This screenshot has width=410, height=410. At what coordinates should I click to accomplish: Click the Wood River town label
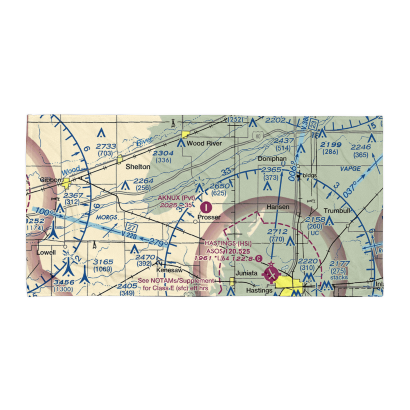click(x=204, y=143)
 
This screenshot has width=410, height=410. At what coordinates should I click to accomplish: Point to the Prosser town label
click(x=209, y=217)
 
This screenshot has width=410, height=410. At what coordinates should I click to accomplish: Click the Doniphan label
click(x=272, y=159)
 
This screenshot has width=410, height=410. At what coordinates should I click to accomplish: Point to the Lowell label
click(x=46, y=252)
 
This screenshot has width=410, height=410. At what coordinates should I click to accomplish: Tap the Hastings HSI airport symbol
click(x=271, y=273)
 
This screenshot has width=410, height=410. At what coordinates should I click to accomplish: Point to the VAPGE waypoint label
click(x=351, y=169)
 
